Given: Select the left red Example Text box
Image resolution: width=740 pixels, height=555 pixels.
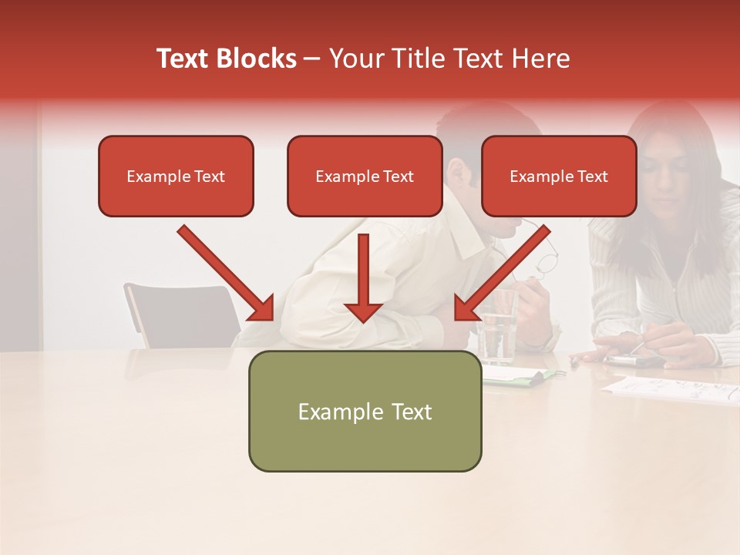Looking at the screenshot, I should [x=176, y=177].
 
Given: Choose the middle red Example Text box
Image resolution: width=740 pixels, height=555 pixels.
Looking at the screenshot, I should [x=365, y=177].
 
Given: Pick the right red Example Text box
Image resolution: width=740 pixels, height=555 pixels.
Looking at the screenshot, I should [x=559, y=177].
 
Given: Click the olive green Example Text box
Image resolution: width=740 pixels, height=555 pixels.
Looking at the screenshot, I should [x=365, y=412].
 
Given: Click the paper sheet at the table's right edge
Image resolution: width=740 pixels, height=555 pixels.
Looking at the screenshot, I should [x=671, y=389].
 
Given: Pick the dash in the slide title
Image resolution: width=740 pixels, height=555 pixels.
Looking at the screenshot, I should [x=312, y=59].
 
